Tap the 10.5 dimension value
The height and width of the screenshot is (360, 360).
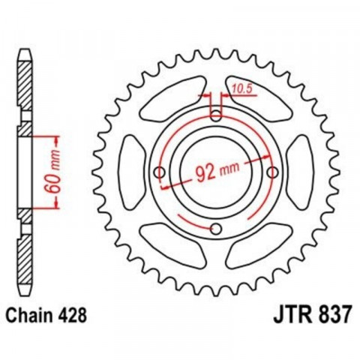[241, 88]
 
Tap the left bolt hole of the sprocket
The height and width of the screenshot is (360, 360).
[159, 172]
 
